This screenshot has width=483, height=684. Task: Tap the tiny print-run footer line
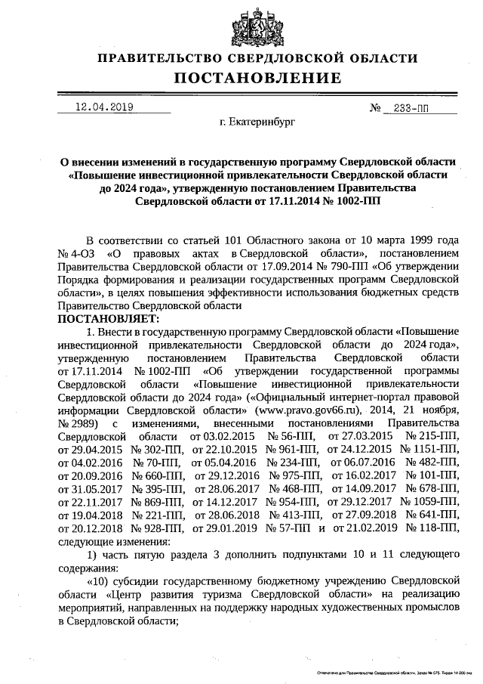pos(392,671)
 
